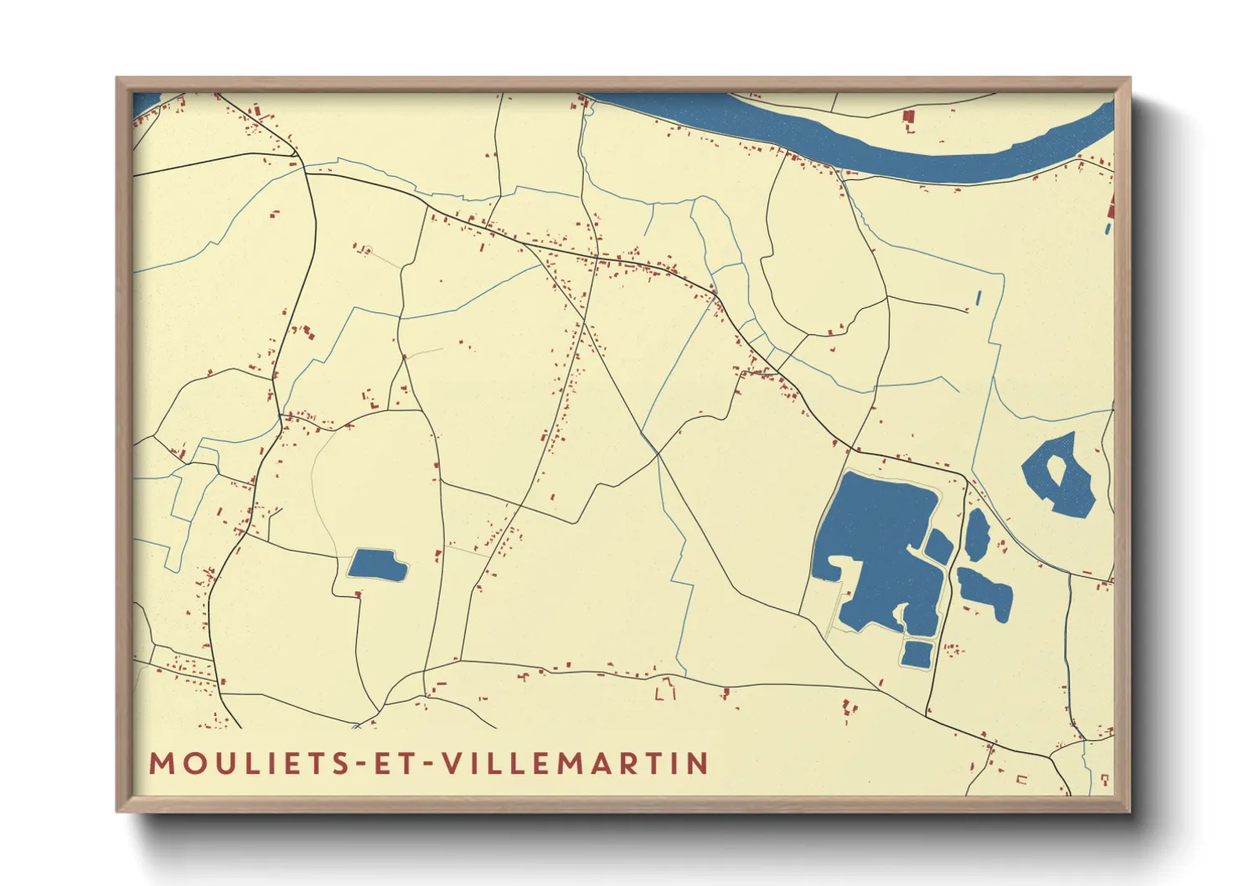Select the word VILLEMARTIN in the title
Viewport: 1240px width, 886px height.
tap(576, 764)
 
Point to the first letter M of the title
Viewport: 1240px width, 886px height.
tap(161, 764)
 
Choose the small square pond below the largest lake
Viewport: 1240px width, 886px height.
tap(917, 653)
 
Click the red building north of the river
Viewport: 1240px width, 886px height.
tap(907, 117)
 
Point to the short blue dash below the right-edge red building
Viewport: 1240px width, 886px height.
tap(1108, 228)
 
